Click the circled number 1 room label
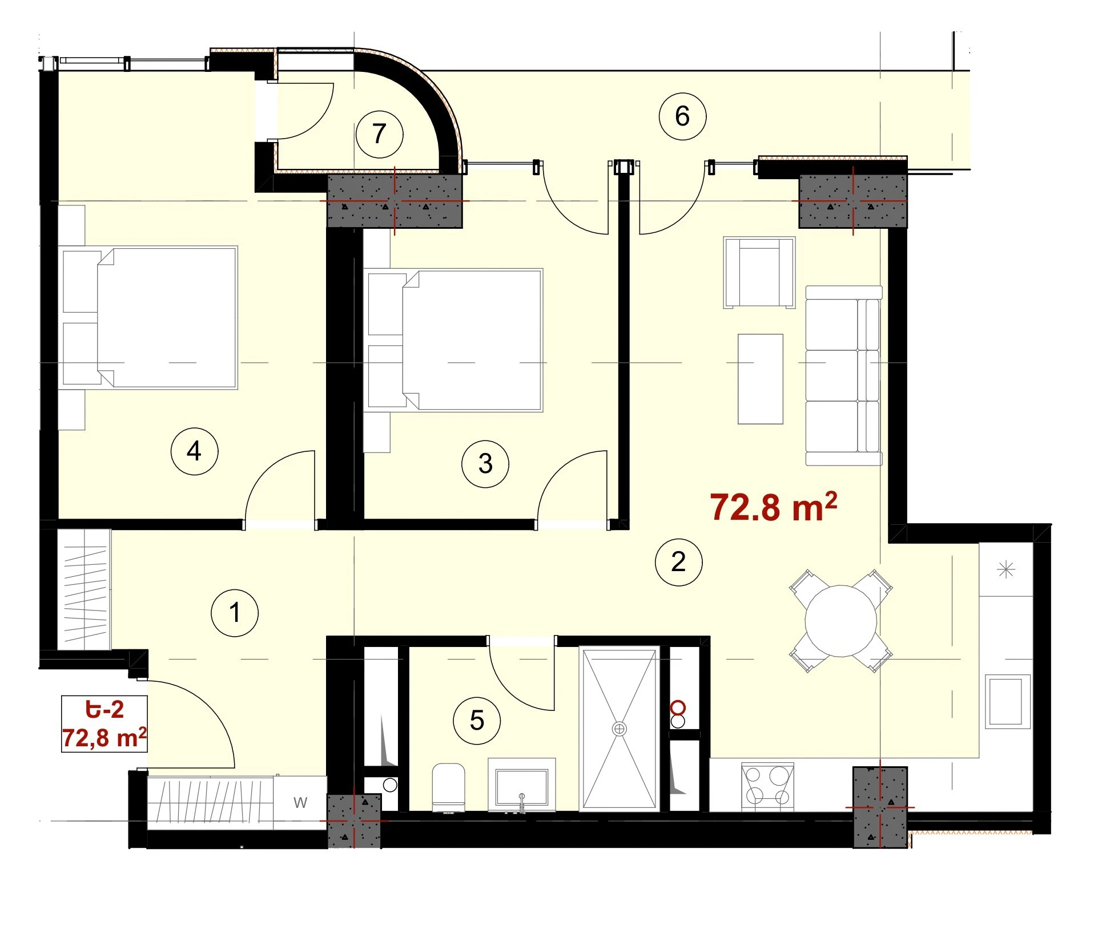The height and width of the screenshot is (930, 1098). (235, 613)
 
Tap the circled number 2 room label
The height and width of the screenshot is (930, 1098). (678, 562)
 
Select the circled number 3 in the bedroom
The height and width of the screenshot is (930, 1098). (485, 463)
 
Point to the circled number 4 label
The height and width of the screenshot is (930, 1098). (194, 451)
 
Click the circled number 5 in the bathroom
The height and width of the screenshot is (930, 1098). (477, 721)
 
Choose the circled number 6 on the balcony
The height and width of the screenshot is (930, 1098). (682, 116)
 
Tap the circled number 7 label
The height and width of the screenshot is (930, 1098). (379, 134)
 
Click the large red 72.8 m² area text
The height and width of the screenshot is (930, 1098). (774, 507)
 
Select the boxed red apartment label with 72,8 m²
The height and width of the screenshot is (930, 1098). (104, 724)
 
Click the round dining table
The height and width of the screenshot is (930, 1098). (840, 621)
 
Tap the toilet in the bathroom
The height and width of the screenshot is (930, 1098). (449, 787)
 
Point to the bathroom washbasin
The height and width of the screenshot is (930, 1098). (522, 785)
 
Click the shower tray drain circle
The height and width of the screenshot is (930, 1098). (619, 729)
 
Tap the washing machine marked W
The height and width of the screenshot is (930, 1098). (300, 803)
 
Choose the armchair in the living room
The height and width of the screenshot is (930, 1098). (759, 273)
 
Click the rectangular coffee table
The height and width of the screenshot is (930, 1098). (760, 379)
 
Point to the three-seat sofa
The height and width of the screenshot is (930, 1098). (844, 375)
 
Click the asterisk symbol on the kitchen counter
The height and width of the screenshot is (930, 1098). (1006, 569)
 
